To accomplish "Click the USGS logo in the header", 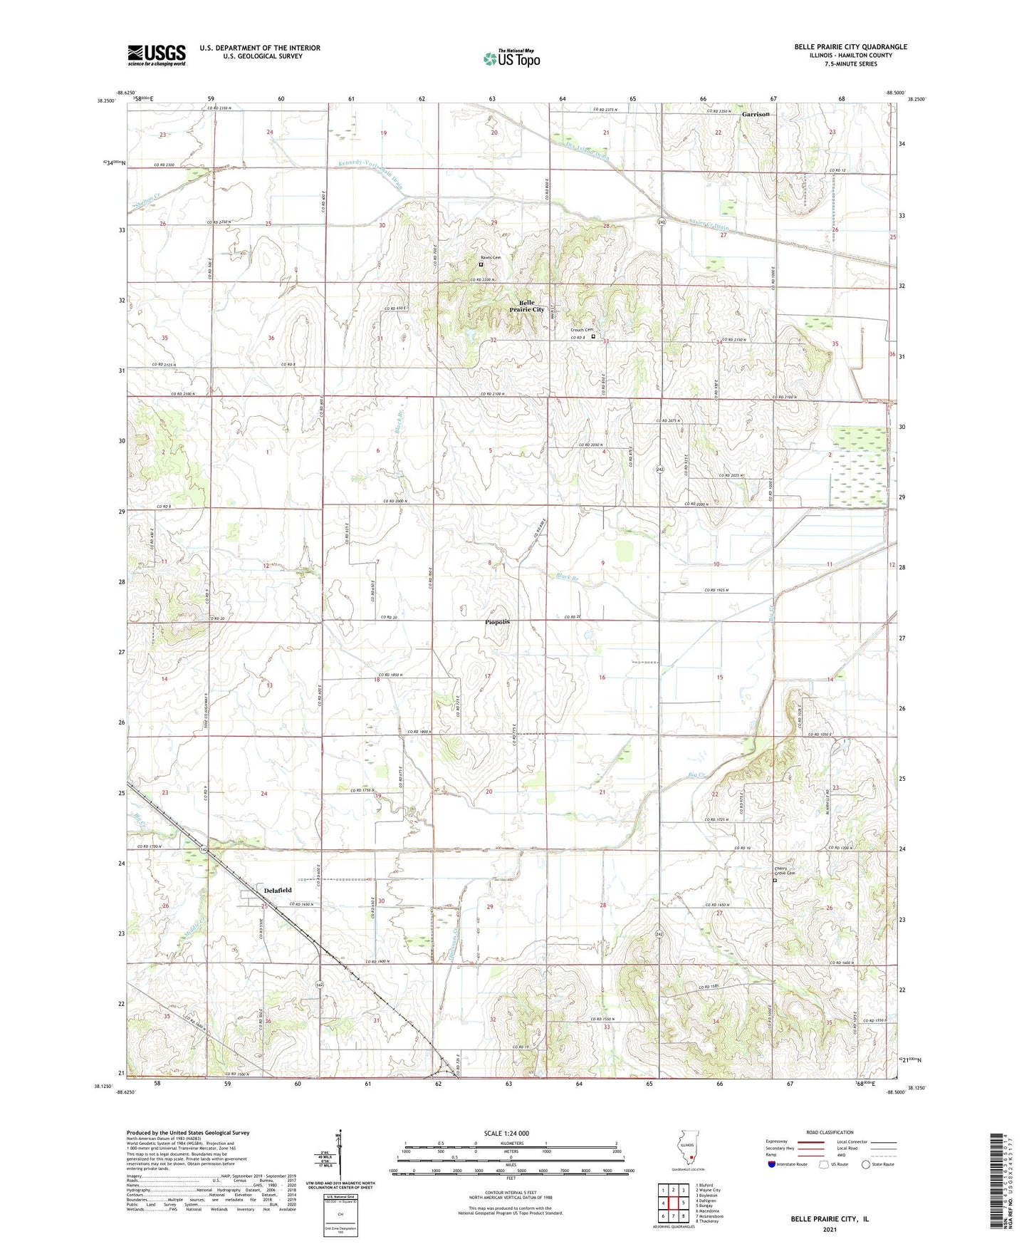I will [x=157, y=54].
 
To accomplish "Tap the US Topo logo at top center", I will [x=511, y=58].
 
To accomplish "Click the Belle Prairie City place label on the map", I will [x=527, y=306].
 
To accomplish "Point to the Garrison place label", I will [x=756, y=114].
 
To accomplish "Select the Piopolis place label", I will [x=497, y=622].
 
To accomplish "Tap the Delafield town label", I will [x=278, y=891].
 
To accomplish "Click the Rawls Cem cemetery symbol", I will [x=481, y=264].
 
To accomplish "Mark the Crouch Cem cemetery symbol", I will [x=593, y=336].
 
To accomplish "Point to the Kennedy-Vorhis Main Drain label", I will [x=370, y=172].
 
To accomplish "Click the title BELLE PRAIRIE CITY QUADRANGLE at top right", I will [x=850, y=47].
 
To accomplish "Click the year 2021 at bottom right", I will [x=829, y=1230].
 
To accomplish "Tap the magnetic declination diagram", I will [x=340, y=1154].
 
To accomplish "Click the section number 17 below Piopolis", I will [x=488, y=676].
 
